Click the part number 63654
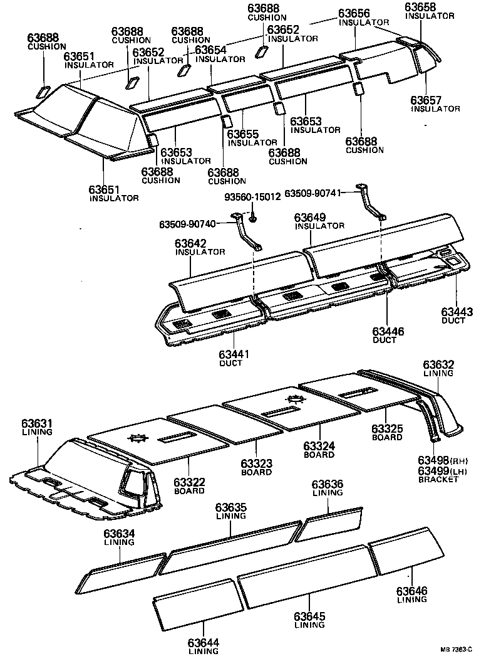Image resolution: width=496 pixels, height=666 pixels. (x=211, y=50)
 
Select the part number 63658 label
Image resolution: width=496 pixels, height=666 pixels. (x=421, y=7)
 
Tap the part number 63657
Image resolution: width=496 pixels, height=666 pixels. (x=426, y=100)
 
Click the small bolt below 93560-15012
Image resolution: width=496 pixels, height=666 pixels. (x=252, y=219)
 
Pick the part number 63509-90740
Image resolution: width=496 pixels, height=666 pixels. (x=187, y=225)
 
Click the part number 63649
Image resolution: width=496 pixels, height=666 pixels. (x=311, y=216)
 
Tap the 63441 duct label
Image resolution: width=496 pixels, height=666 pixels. (x=235, y=355)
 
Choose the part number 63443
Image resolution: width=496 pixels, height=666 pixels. (x=457, y=312)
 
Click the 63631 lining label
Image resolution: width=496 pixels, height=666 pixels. (x=37, y=424)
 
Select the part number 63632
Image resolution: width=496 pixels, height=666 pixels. (x=438, y=364)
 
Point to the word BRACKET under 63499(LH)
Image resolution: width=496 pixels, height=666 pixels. (x=438, y=480)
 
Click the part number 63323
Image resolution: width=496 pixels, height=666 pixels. (x=257, y=463)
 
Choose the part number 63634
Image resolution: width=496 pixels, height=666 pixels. (x=119, y=533)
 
